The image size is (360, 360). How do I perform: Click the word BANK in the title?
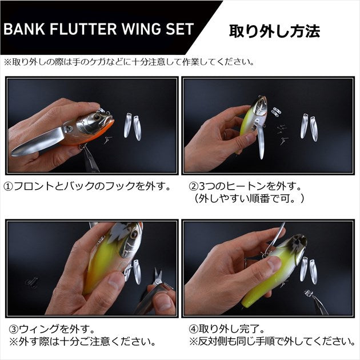click(23, 30)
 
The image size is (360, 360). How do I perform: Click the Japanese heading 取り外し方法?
click(274, 30)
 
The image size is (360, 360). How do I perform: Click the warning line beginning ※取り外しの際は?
click(129, 61)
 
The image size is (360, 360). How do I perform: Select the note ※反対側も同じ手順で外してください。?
click(269, 341)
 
